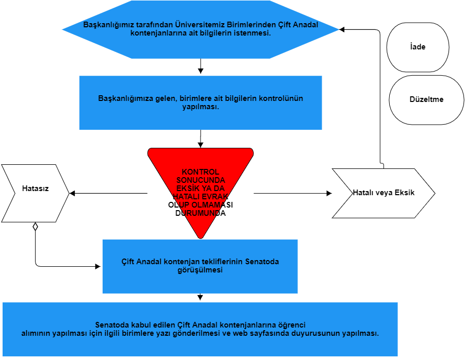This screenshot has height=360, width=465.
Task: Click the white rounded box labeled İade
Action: [x=418, y=47]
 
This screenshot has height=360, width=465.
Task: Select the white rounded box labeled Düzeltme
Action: [x=426, y=99]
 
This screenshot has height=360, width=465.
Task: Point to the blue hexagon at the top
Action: [x=201, y=29]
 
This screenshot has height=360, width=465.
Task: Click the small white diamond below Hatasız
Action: [x=35, y=226]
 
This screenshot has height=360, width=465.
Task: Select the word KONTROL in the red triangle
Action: [x=201, y=172]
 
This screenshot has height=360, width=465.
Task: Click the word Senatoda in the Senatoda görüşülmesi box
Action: [x=261, y=262]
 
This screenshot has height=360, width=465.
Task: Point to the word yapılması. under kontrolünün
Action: [x=201, y=107]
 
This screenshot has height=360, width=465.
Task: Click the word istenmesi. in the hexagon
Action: [x=250, y=33]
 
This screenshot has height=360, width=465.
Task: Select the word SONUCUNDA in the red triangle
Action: [x=201, y=180]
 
